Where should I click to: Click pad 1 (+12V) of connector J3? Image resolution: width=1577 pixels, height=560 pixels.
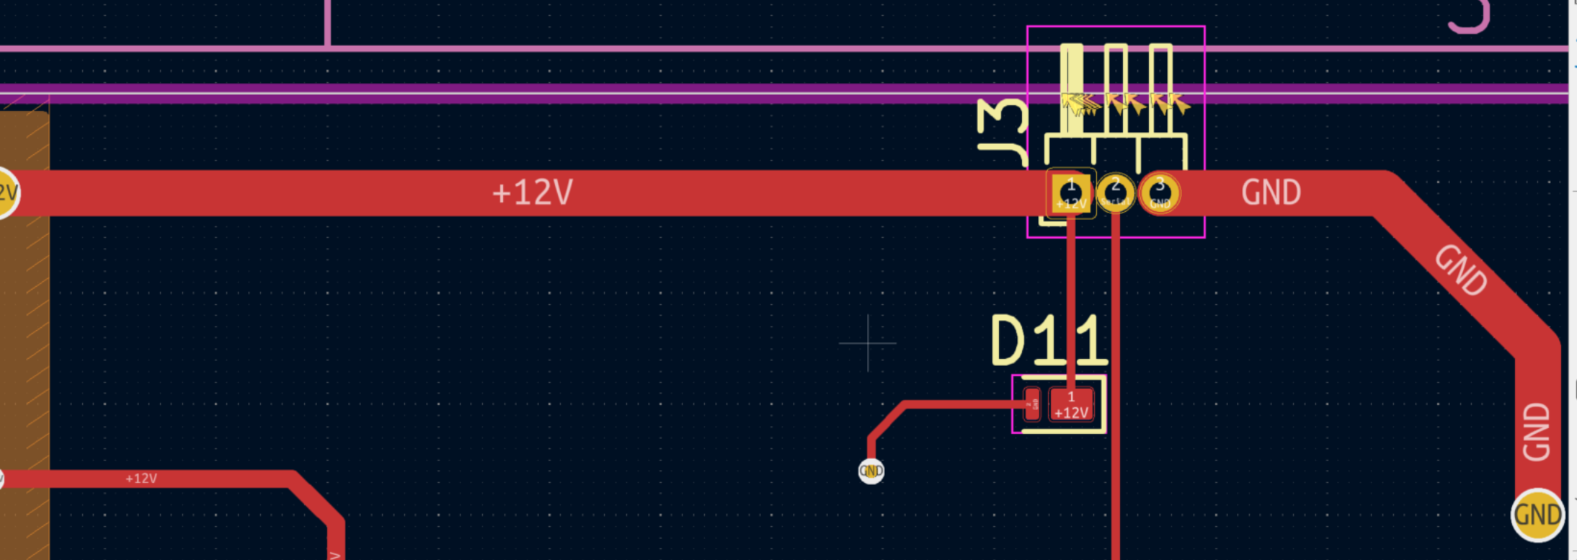[x=1070, y=193]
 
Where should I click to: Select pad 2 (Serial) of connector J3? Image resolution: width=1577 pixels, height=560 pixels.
[x=1115, y=193]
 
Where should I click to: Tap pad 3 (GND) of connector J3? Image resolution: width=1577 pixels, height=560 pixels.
[x=1160, y=193]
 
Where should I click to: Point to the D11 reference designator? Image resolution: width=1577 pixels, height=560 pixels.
[x=1049, y=340]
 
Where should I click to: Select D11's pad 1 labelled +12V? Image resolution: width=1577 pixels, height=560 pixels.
[x=1071, y=405]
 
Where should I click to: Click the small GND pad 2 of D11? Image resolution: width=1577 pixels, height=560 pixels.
[x=1032, y=405]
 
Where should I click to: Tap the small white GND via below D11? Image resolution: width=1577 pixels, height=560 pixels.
[x=871, y=471]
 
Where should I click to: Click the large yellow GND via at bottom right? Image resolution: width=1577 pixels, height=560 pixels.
[x=1537, y=515]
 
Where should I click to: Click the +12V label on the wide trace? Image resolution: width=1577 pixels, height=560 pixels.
[x=532, y=193]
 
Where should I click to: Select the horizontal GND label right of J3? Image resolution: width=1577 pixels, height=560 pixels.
[x=1271, y=193]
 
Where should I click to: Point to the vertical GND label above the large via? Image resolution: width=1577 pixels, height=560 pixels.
[x=1536, y=432]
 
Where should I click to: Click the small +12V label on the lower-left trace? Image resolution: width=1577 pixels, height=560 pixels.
[x=141, y=479]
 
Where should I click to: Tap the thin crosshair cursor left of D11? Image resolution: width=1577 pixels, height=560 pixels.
[x=868, y=343]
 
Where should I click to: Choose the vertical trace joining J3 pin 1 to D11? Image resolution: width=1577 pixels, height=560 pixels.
[x=1071, y=303]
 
